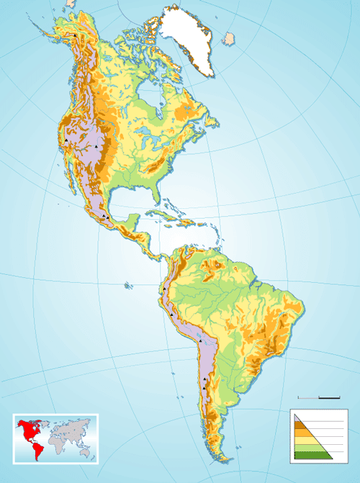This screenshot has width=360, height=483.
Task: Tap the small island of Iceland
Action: coord(230,37)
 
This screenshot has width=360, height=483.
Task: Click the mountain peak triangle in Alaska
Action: coord(75,35)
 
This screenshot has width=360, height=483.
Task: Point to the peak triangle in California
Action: coord(66,141)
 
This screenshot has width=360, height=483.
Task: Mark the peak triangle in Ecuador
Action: coord(164,289)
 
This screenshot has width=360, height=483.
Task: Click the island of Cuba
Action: coord(164,215)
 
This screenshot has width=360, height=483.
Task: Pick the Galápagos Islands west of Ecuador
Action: coord(128,286)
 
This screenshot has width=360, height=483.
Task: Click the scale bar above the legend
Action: coord(319,397)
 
